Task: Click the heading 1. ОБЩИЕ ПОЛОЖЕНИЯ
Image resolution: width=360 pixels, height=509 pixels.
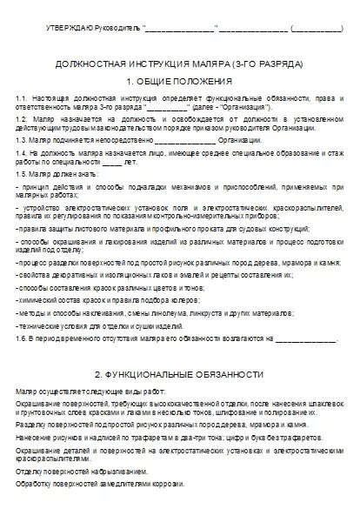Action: (179, 81)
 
